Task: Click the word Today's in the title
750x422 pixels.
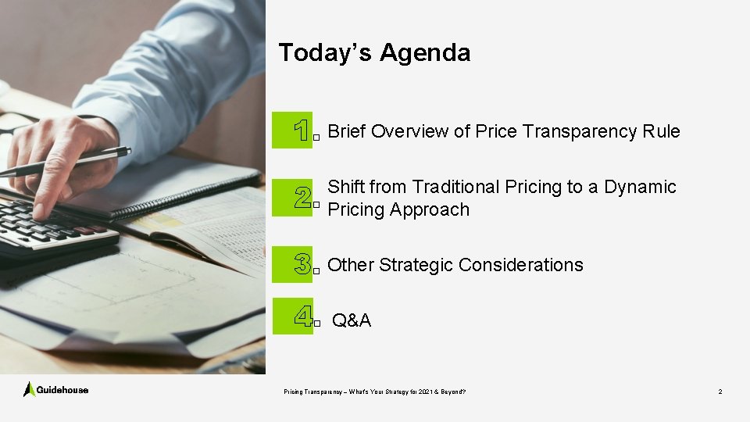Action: [x=326, y=52]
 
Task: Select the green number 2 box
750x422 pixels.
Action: [x=292, y=198]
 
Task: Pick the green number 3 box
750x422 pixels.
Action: [x=292, y=265]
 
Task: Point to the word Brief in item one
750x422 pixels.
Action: [x=347, y=131]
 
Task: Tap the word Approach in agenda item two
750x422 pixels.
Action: [x=432, y=209]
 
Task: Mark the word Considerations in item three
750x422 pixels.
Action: [x=521, y=265]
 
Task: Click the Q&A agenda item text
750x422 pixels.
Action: [x=352, y=320]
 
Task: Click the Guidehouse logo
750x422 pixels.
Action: [x=55, y=389]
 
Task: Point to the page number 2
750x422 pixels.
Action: [x=720, y=391]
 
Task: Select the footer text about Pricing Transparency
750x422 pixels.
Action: [x=375, y=391]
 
